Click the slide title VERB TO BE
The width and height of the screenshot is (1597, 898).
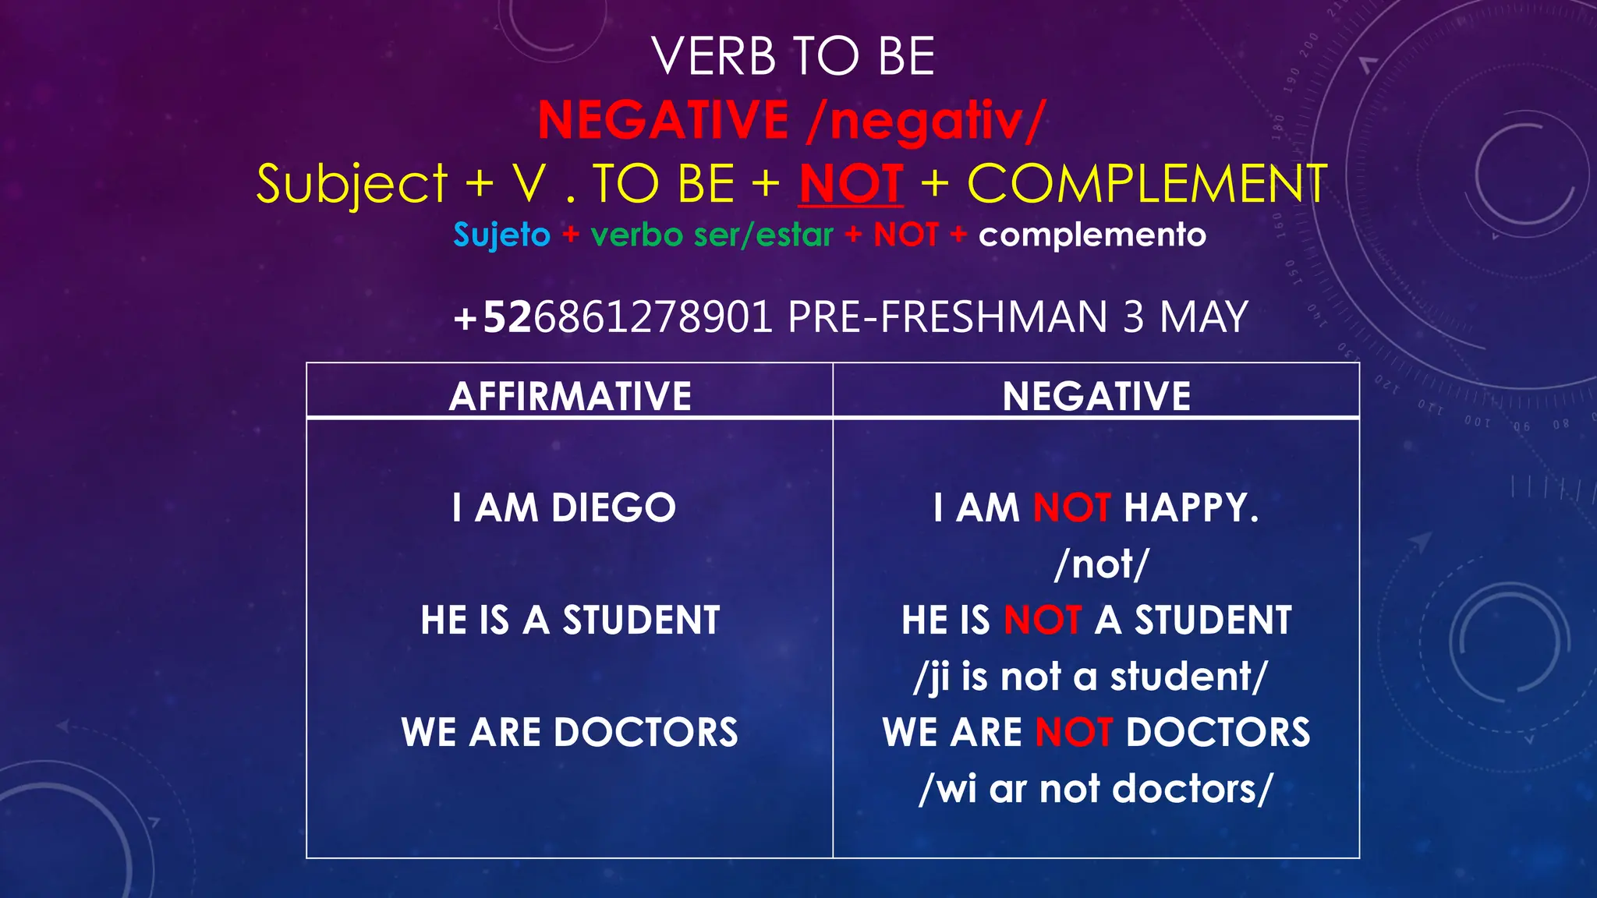[x=793, y=57]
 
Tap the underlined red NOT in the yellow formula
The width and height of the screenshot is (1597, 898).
[x=851, y=184]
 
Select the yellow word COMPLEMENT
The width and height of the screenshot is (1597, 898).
[x=1147, y=184]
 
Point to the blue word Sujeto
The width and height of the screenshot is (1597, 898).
[x=501, y=235]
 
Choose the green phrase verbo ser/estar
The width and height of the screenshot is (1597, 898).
[x=712, y=235]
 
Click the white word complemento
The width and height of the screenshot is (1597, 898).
[x=1092, y=235]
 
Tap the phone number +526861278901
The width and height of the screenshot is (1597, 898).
[x=613, y=317]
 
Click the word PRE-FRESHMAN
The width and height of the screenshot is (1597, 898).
[x=947, y=317]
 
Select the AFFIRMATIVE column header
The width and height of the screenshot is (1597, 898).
[x=570, y=396]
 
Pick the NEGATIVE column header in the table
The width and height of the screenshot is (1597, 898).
[x=1096, y=396]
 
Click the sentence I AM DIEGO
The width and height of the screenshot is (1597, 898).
[x=564, y=507]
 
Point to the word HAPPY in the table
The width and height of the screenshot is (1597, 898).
[x=1191, y=507]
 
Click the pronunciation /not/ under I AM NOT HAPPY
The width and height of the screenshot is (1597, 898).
[x=1101, y=564]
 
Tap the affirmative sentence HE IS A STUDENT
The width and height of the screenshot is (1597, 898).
[x=570, y=620]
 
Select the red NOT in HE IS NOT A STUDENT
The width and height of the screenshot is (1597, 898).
[x=1043, y=620]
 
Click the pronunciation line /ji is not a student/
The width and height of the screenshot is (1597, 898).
[x=1091, y=677]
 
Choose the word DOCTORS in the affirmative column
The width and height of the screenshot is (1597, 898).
[x=646, y=733]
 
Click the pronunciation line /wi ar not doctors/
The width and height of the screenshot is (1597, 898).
[x=1096, y=789]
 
